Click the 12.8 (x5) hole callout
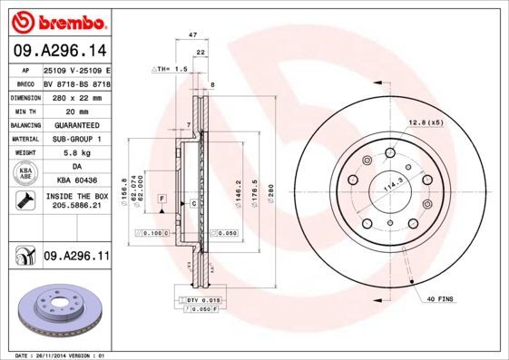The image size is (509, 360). tap(425, 122)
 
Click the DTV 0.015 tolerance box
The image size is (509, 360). tap(203, 299)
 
